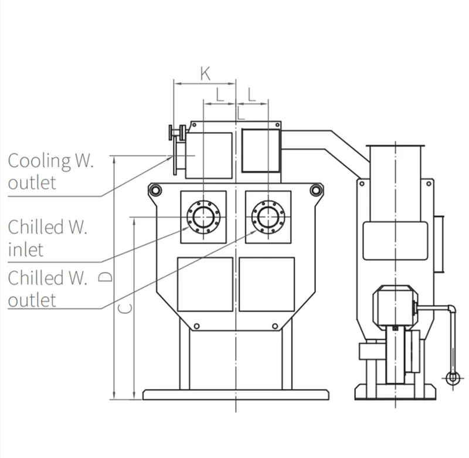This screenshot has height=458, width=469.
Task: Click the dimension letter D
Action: pyautogui.click(x=105, y=277)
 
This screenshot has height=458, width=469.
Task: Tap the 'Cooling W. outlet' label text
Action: pyautogui.click(x=51, y=171)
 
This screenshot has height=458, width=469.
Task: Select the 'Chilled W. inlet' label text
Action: pyautogui.click(x=47, y=238)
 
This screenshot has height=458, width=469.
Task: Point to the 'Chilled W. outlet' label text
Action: pyautogui.click(x=47, y=289)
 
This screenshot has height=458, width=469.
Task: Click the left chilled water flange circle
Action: pyautogui.click(x=203, y=217)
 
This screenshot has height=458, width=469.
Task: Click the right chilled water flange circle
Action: pyautogui.click(x=269, y=217)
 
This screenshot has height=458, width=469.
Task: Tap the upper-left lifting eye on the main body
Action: pyautogui.click(x=155, y=190)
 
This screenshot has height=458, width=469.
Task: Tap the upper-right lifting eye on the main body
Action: pyautogui.click(x=315, y=190)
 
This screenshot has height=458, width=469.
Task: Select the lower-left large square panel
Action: pyautogui.click(x=205, y=284)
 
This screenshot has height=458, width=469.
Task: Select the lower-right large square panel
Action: pyautogui.click(x=267, y=284)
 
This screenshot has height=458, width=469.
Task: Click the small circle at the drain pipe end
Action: pyautogui.click(x=453, y=378)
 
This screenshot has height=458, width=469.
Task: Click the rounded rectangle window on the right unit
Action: pyautogui.click(x=395, y=241)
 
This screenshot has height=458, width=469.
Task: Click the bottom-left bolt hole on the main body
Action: pyautogui.click(x=196, y=326)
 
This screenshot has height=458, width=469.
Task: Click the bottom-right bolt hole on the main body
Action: pyautogui.click(x=275, y=326)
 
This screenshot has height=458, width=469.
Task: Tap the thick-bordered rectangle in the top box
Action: pyautogui.click(x=260, y=151)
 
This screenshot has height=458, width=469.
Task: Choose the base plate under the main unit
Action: pyautogui.click(x=236, y=395)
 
